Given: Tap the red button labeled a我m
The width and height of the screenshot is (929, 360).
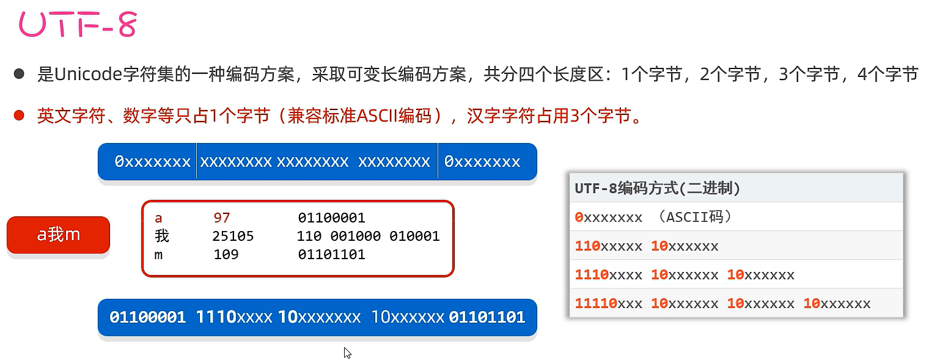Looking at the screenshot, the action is click(58, 235).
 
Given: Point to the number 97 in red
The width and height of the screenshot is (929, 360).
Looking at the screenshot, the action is click(222, 218).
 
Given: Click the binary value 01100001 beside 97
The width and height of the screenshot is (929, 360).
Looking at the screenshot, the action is click(331, 218).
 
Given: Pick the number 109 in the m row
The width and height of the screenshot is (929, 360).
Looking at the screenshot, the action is click(226, 254).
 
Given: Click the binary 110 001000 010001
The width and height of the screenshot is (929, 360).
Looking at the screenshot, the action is click(368, 236).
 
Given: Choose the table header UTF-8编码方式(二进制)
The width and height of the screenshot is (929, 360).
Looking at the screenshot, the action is click(657, 188).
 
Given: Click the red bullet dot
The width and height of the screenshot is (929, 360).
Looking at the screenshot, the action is click(19, 115).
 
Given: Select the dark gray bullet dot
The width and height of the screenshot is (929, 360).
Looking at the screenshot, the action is click(19, 75).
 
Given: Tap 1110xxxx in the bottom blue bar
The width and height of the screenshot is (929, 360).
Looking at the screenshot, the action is click(234, 317).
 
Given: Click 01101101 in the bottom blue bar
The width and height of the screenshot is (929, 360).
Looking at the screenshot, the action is click(487, 317).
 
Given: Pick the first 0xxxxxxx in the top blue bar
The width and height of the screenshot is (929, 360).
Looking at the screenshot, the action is click(153, 161).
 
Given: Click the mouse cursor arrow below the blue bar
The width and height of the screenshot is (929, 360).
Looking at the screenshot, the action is click(347, 353).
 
